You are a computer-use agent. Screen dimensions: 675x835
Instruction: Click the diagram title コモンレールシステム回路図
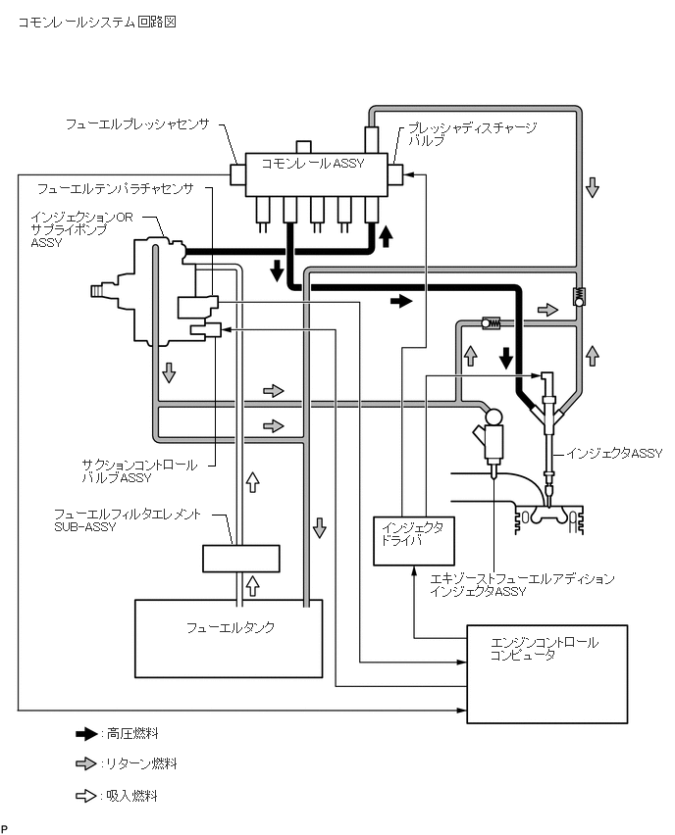pyautogui.click(x=96, y=22)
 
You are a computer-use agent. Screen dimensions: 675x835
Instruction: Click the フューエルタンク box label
pyautogui.click(x=231, y=627)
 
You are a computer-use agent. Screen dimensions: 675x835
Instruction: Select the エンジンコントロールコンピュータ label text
pyautogui.click(x=544, y=649)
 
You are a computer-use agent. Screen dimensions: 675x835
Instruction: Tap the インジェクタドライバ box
pyautogui.click(x=414, y=541)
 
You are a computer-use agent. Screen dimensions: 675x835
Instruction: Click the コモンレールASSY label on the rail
pyautogui.click(x=312, y=164)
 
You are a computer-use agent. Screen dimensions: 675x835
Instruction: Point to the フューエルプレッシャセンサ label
pyautogui.click(x=137, y=124)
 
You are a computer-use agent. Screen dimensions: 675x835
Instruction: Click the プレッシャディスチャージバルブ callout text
pyautogui.click(x=472, y=133)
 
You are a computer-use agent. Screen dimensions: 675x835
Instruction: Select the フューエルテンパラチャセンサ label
pyautogui.click(x=115, y=188)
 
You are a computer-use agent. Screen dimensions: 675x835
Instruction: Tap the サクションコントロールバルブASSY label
pyautogui.click(x=139, y=471)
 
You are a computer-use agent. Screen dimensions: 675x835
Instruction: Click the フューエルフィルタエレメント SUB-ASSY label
pyautogui.click(x=128, y=520)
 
